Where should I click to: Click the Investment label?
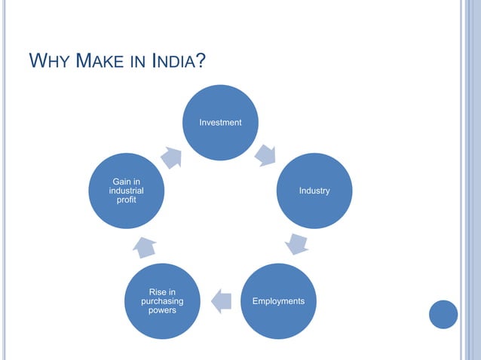(x=220, y=122)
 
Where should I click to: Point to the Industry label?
(x=314, y=191)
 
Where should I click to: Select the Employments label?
(x=278, y=301)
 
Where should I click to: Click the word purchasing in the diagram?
(x=161, y=301)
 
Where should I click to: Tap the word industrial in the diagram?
(x=126, y=191)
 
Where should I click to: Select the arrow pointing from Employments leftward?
(x=221, y=301)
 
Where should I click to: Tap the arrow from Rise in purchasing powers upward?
(x=146, y=246)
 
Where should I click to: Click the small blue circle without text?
(x=443, y=314)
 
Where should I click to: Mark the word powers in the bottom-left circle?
(x=161, y=311)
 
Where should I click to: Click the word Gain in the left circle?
(x=126, y=182)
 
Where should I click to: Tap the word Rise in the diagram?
(x=161, y=291)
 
